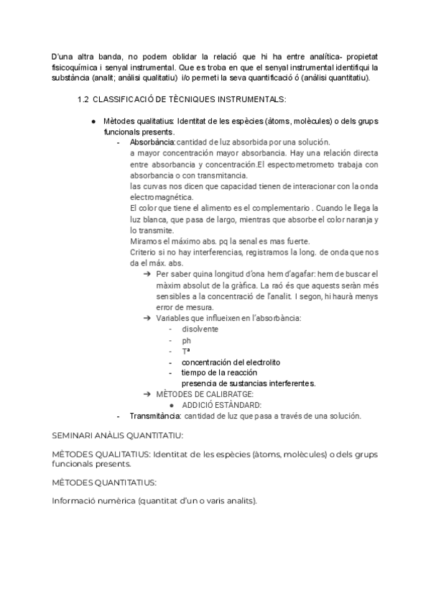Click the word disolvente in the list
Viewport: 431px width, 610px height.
(x=200, y=329)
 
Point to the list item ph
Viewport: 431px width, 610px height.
(x=187, y=340)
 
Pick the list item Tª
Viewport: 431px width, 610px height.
(x=186, y=351)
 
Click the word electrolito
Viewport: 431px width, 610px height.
(x=259, y=362)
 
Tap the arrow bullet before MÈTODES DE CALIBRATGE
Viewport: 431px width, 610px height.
(x=147, y=394)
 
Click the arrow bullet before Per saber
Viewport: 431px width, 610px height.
(x=147, y=274)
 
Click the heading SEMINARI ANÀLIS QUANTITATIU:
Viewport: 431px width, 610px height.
(x=118, y=436)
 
